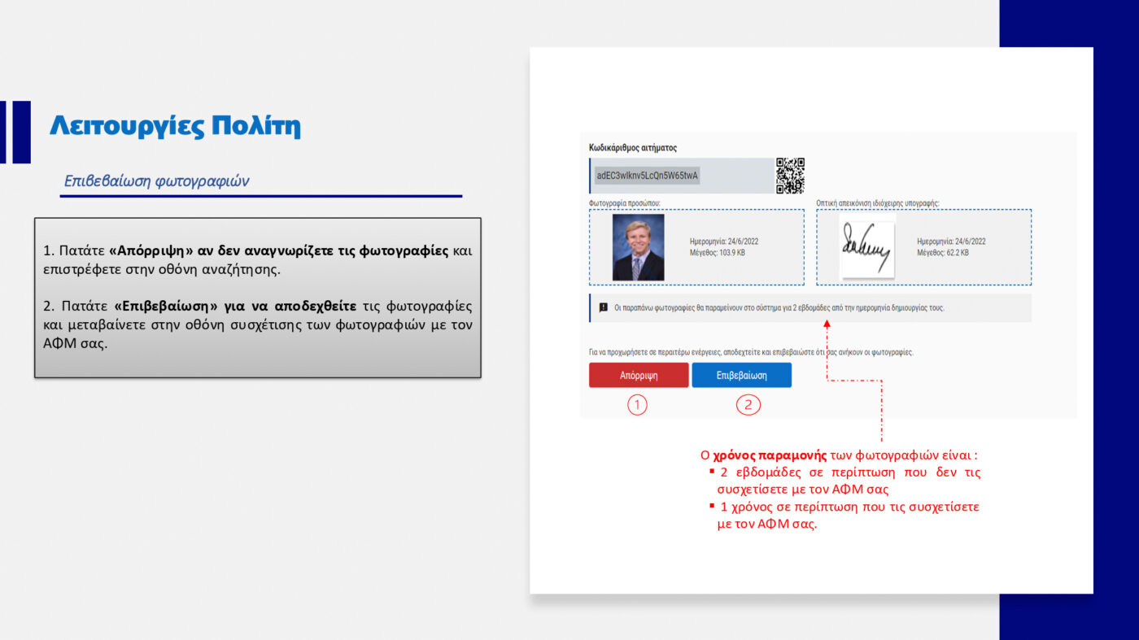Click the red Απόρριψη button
639,376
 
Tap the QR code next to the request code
790,176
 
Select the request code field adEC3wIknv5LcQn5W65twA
647,176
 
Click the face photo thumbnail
638,247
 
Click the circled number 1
637,404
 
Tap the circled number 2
748,404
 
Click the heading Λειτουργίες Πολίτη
175,126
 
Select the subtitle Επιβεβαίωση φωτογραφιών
156,181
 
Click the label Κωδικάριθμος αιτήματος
633,148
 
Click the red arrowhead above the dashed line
827,324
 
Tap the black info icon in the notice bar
603,308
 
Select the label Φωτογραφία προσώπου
624,202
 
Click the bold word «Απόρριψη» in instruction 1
151,251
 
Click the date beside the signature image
951,242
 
